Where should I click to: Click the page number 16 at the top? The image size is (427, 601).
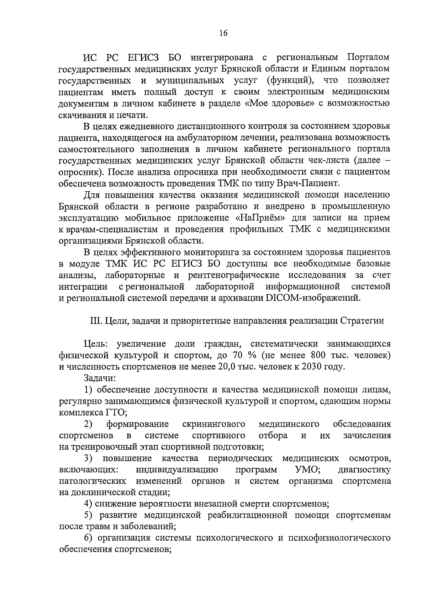point(223,33)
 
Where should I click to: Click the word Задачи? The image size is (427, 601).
point(100,378)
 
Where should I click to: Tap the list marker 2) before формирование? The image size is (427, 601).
point(89,424)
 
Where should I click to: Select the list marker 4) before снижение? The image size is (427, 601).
point(89,504)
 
